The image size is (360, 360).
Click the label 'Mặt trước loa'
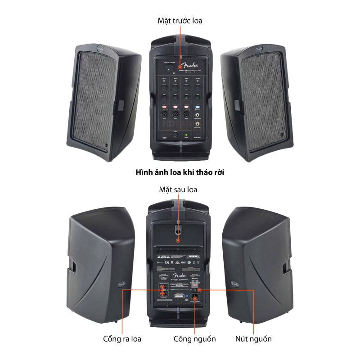coord(180,21)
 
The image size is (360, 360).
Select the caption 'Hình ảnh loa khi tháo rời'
coord(180,172)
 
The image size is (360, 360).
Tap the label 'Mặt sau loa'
coord(178,189)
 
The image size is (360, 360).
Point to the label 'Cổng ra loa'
coord(122,339)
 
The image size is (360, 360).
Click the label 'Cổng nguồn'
coord(195,339)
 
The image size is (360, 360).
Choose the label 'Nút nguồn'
coord(254,339)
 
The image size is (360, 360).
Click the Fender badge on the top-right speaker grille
coord(259,47)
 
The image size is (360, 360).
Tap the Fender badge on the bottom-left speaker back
coord(121,284)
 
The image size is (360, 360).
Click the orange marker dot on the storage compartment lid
coord(179,241)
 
